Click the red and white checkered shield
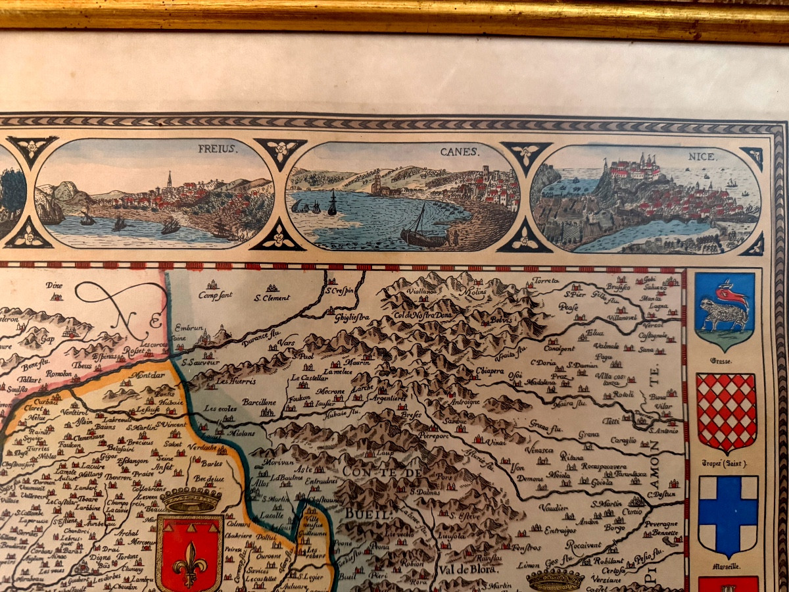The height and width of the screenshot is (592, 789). point(727,412)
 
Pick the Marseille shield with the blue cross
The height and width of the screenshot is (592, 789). point(728,515)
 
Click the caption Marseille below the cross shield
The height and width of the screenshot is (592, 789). point(725,566)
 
